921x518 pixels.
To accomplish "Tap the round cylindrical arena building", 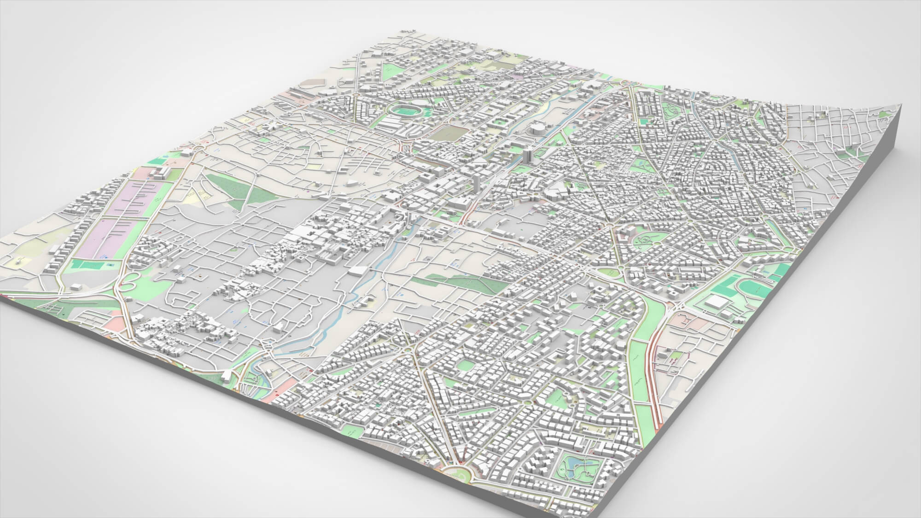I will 537,127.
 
